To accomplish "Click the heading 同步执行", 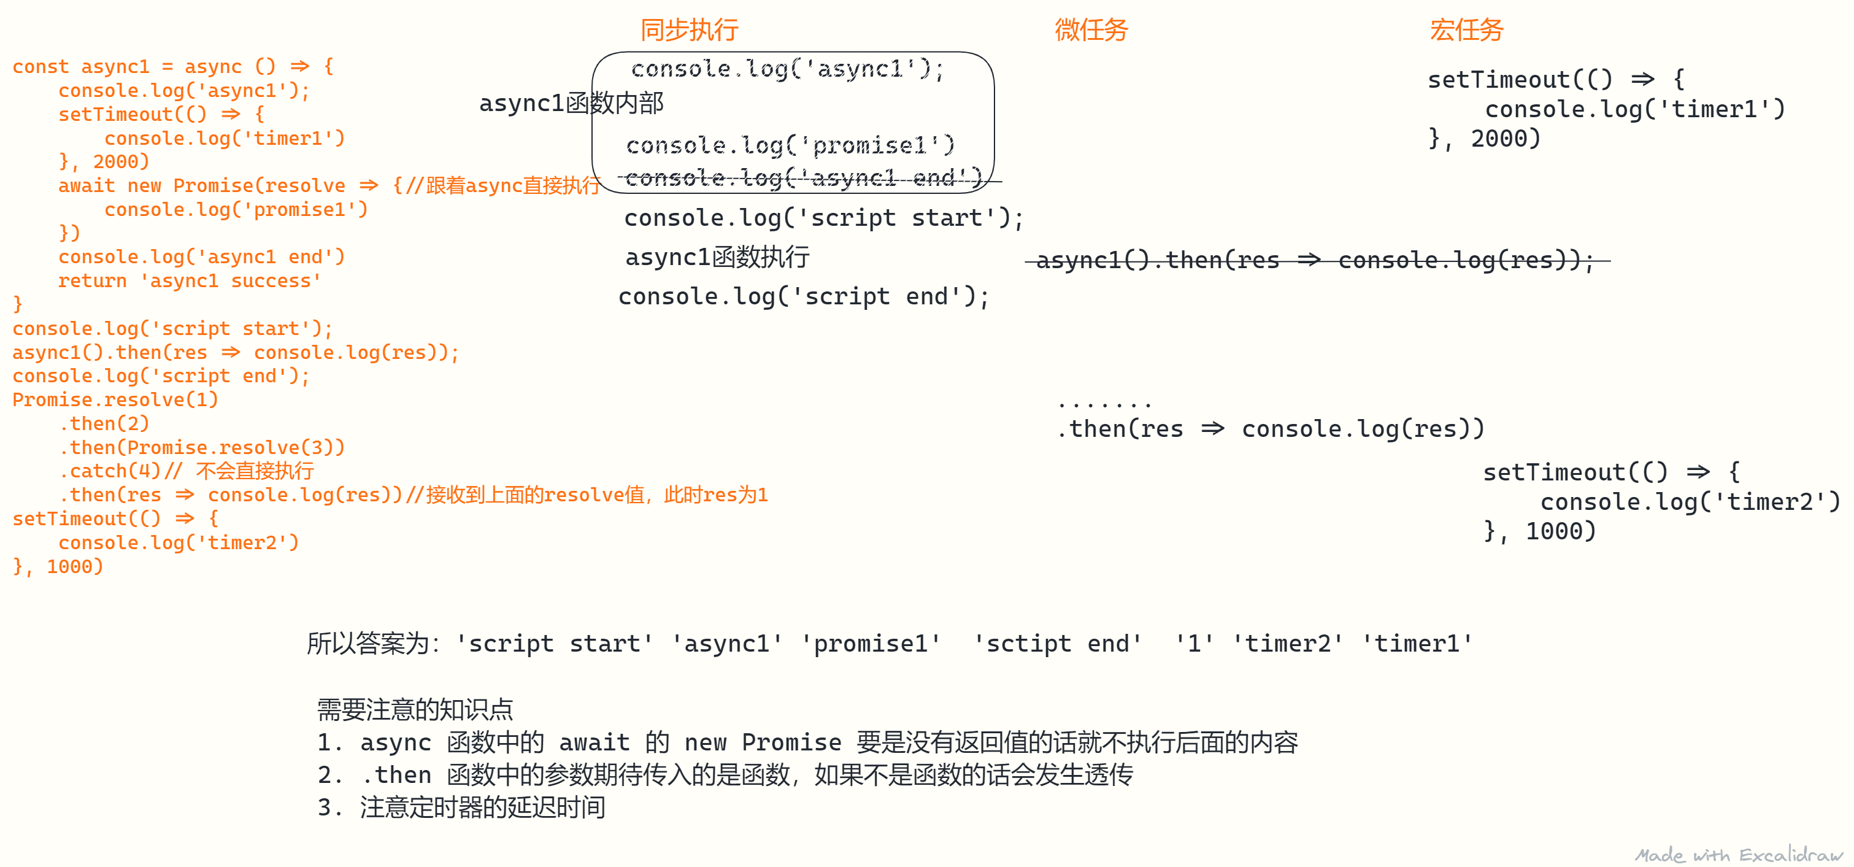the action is pyautogui.click(x=689, y=30).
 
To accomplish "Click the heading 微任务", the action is pyautogui.click(x=1091, y=30).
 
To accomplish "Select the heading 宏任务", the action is pyautogui.click(x=1466, y=30).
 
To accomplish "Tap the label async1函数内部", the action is pyautogui.click(x=571, y=103).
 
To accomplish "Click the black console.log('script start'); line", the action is pyautogui.click(x=823, y=217).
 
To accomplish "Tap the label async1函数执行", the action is pyautogui.click(x=717, y=257).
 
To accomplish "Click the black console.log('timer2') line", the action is pyautogui.click(x=1689, y=502).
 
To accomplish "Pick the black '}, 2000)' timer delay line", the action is pyautogui.click(x=1484, y=138).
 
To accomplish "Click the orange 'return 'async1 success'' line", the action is pyautogui.click(x=190, y=281).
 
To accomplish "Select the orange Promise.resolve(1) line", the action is pyautogui.click(x=115, y=399).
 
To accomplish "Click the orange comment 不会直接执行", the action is pyautogui.click(x=255, y=471).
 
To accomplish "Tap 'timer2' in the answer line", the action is pyautogui.click(x=1288, y=643).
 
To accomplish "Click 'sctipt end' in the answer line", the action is pyautogui.click(x=1057, y=643).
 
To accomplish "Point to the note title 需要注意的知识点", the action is pyautogui.click(x=415, y=709).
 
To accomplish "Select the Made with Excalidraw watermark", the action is pyautogui.click(x=1738, y=855).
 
